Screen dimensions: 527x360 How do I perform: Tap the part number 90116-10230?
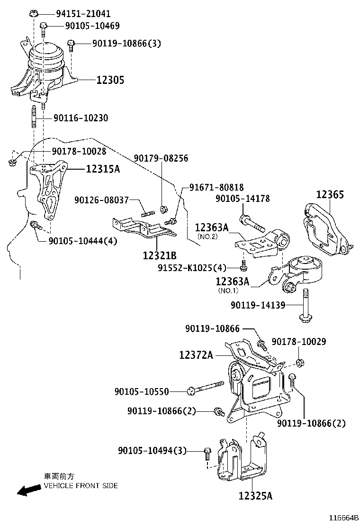click(81, 118)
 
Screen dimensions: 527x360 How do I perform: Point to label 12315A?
click(102, 168)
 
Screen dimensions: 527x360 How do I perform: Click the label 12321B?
click(159, 255)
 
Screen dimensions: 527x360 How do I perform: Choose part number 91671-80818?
click(216, 187)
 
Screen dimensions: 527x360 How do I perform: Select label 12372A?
click(196, 354)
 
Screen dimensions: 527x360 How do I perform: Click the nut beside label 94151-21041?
click(34, 13)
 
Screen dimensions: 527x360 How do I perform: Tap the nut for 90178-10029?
click(299, 363)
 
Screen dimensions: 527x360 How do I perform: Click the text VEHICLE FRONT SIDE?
click(81, 486)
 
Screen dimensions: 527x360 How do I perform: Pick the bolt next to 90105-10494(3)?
click(207, 453)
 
